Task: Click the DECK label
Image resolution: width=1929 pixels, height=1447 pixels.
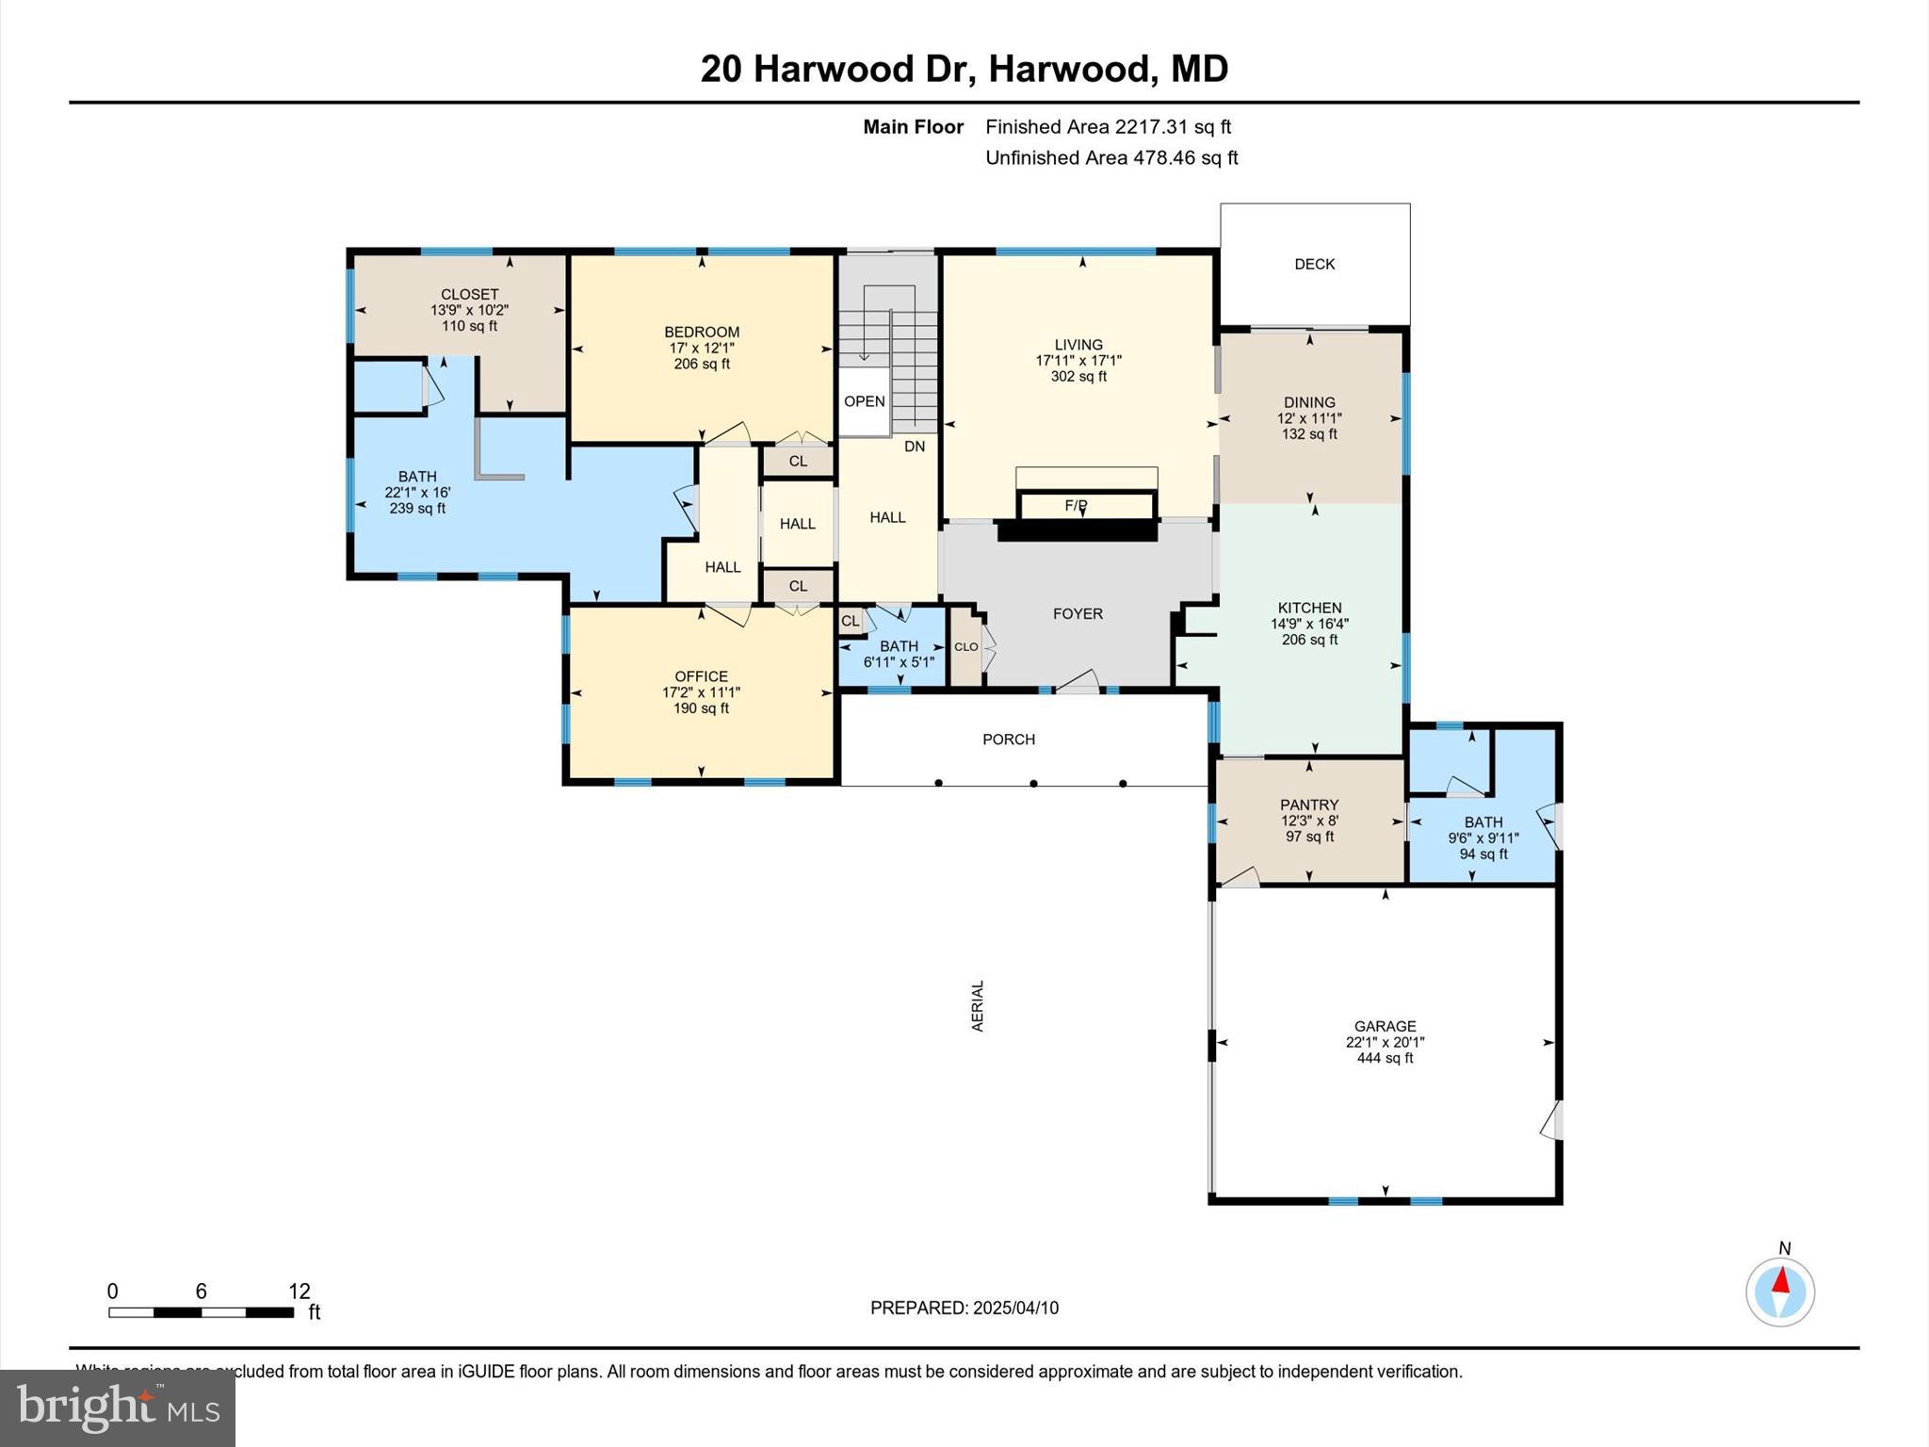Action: click(x=1314, y=264)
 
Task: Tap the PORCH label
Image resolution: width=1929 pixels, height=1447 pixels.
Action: click(x=1008, y=740)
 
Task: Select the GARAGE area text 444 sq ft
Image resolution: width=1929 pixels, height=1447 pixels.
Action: click(x=1385, y=1058)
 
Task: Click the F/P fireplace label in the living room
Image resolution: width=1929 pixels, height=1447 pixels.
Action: click(x=1076, y=506)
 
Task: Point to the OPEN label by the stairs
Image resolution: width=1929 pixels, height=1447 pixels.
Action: click(x=864, y=401)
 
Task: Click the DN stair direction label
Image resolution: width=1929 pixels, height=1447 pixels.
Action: click(x=915, y=447)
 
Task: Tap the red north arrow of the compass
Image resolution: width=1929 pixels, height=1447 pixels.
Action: click(x=1780, y=1281)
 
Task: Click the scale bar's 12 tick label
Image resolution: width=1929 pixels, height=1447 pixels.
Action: click(x=300, y=1292)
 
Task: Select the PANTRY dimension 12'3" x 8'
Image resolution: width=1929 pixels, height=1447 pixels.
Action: click(x=1309, y=821)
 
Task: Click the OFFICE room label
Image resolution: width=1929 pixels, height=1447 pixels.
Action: click(x=701, y=676)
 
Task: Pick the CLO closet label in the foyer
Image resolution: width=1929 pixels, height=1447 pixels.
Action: click(x=965, y=647)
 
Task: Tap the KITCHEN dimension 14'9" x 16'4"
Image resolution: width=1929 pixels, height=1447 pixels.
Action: click(x=1309, y=624)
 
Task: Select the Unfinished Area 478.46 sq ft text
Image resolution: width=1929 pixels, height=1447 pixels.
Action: click(x=1111, y=158)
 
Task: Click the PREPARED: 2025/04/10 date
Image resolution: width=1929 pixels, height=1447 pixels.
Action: click(x=964, y=1308)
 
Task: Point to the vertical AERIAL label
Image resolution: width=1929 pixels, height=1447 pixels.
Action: click(x=978, y=1006)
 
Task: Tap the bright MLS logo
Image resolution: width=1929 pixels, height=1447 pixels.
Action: click(x=118, y=1408)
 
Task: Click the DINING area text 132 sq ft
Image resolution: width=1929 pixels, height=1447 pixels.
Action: click(x=1309, y=434)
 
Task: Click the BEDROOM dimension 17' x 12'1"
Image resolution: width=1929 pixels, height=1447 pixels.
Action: click(x=701, y=348)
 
